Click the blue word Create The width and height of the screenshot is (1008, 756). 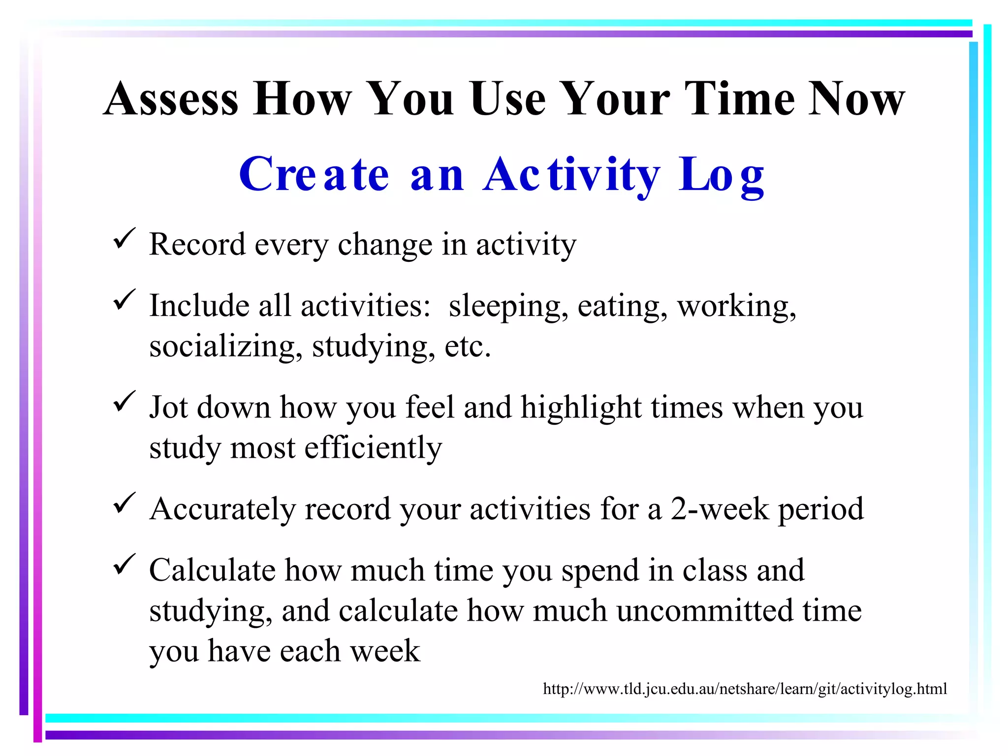coord(314,175)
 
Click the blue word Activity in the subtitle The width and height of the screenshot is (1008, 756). coord(571,175)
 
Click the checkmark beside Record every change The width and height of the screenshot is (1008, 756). coord(124,239)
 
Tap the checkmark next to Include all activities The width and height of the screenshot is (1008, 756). coord(124,300)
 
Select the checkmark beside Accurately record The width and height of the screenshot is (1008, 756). coord(124,503)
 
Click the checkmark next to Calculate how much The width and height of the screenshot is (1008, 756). coord(124,565)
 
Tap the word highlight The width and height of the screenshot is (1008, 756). coord(581,409)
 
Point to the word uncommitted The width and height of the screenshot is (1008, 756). coord(705,611)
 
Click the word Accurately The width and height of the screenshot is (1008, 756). coord(222,509)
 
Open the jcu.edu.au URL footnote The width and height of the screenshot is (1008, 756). coord(745,689)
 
